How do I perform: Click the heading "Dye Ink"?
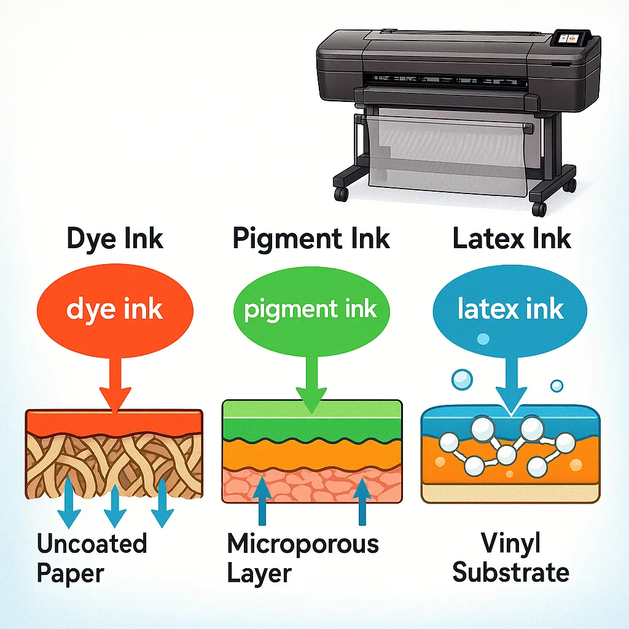coord(115,238)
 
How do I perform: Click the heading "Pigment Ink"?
coord(311,238)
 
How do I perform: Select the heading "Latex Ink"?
coord(512,238)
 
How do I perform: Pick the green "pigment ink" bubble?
coord(310,308)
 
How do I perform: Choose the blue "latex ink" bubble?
coord(510,308)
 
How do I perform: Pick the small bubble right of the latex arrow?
coord(557,386)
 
